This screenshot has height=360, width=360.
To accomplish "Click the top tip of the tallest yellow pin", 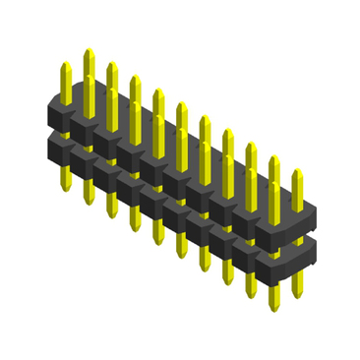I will click(x=89, y=50).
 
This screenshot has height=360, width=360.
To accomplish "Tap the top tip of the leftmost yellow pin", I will click(x=66, y=66).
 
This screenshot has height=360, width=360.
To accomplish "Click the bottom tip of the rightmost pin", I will click(x=296, y=294).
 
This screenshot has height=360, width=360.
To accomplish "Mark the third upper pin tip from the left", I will click(x=111, y=65).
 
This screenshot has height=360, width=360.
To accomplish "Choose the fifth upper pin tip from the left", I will click(x=157, y=91).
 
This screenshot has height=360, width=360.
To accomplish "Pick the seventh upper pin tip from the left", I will click(x=204, y=119).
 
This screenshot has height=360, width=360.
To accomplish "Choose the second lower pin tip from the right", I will click(x=273, y=285).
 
